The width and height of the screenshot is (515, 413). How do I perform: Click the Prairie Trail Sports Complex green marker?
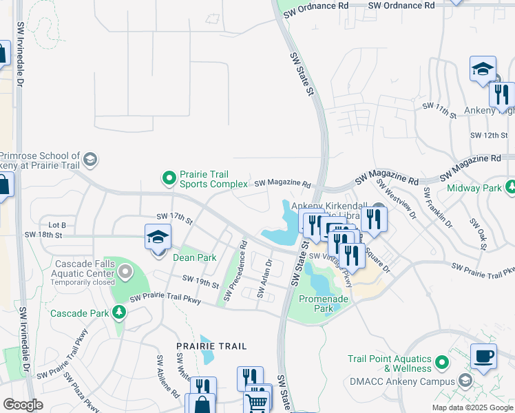[169, 179]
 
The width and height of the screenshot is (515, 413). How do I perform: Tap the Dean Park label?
[194, 257]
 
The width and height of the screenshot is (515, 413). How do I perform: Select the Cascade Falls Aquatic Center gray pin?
[125, 274]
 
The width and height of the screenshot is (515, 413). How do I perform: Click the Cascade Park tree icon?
[120, 313]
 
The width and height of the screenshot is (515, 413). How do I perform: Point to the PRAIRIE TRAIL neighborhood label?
[211, 346]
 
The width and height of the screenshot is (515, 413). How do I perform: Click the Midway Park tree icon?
[511, 187]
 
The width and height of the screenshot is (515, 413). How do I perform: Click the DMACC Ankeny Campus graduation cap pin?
[465, 381]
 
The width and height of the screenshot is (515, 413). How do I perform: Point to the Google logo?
[23, 405]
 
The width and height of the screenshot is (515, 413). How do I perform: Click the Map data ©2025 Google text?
[472, 407]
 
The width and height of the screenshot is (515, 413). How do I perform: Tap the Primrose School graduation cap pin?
[90, 161]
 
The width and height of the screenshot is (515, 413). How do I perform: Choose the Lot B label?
[57, 225]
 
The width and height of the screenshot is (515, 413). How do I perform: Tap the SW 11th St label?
[439, 110]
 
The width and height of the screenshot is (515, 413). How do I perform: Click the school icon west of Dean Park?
[158, 237]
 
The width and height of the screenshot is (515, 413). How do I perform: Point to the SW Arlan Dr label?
[265, 279]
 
